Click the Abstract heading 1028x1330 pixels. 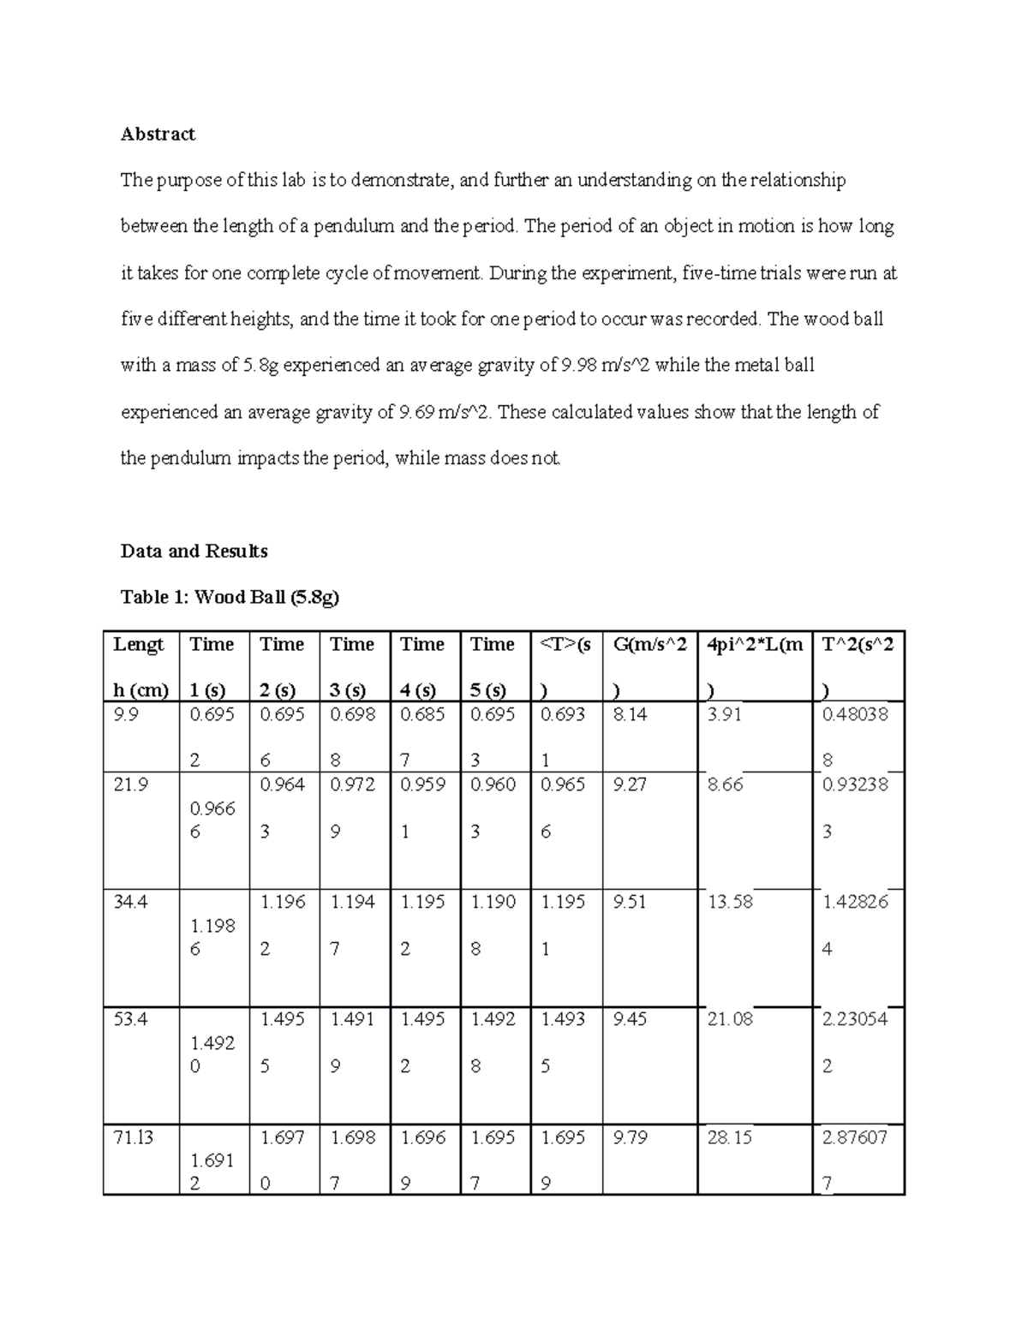[x=158, y=134]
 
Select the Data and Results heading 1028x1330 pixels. [x=194, y=551]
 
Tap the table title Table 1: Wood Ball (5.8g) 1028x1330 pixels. [x=230, y=597]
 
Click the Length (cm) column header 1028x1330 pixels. [x=140, y=666]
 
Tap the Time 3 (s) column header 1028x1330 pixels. [x=352, y=666]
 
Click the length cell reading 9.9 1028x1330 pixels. [x=125, y=714]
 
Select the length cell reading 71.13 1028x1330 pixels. [x=133, y=1137]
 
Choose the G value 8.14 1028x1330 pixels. [x=630, y=714]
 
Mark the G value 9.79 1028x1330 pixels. [x=630, y=1137]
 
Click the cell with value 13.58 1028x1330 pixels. [x=730, y=901]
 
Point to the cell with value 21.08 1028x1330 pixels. [x=730, y=1019]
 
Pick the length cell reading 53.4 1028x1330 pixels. [x=129, y=1019]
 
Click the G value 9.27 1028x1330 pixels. [x=630, y=784]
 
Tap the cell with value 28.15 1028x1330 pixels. [x=730, y=1137]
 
